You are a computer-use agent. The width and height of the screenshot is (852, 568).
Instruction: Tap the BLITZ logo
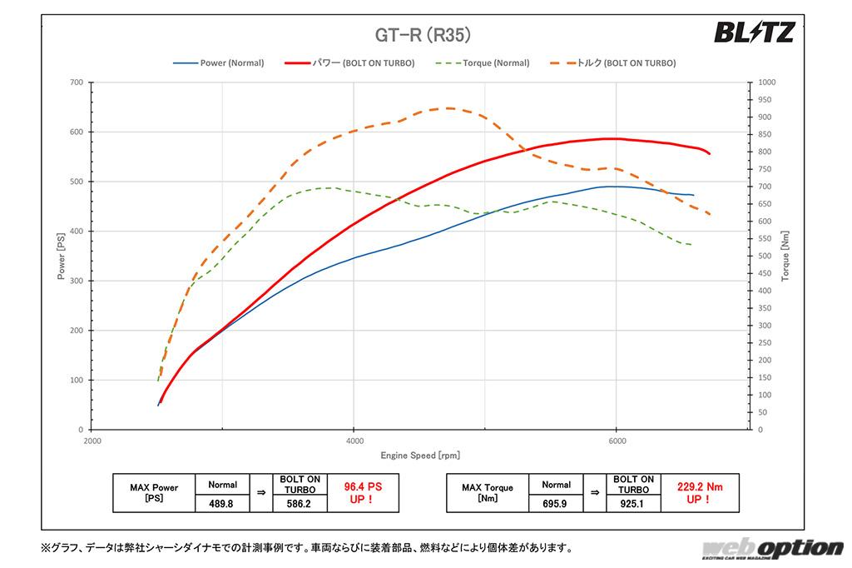click(x=755, y=32)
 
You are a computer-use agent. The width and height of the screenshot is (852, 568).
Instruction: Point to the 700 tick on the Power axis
click(x=76, y=82)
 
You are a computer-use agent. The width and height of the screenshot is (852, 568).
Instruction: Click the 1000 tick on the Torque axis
click(x=766, y=82)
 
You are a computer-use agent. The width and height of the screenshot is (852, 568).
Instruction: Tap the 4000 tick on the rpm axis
click(x=354, y=441)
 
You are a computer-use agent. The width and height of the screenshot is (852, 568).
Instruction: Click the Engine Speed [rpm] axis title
click(x=420, y=456)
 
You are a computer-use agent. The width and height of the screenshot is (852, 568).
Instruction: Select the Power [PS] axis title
click(x=61, y=257)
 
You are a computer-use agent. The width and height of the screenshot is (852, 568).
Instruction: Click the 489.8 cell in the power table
click(x=222, y=503)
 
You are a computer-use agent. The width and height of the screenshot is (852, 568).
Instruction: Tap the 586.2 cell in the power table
click(x=301, y=503)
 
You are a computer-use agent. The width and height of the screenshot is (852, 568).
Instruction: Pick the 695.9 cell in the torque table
click(x=556, y=503)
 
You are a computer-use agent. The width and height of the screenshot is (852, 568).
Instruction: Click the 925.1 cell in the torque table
click(x=634, y=503)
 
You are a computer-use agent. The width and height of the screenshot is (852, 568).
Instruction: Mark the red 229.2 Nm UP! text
click(x=697, y=493)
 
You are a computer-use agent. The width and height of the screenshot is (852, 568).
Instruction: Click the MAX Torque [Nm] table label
click(x=488, y=493)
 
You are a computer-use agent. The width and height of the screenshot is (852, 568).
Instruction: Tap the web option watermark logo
click(x=771, y=548)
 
